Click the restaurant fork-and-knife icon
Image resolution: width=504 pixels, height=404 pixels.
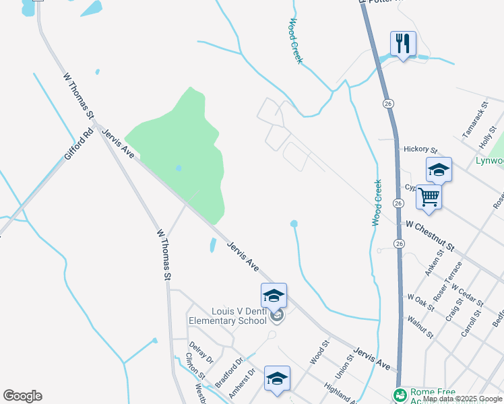(403, 44)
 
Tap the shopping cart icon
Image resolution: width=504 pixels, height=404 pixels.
(429, 197)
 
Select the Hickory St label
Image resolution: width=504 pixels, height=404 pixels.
(420, 149)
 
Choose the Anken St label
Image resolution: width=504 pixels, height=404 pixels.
(434, 263)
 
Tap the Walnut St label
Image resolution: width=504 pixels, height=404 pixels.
(420, 325)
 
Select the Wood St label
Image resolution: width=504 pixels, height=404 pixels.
(319, 352)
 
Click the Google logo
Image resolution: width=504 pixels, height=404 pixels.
(22, 396)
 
